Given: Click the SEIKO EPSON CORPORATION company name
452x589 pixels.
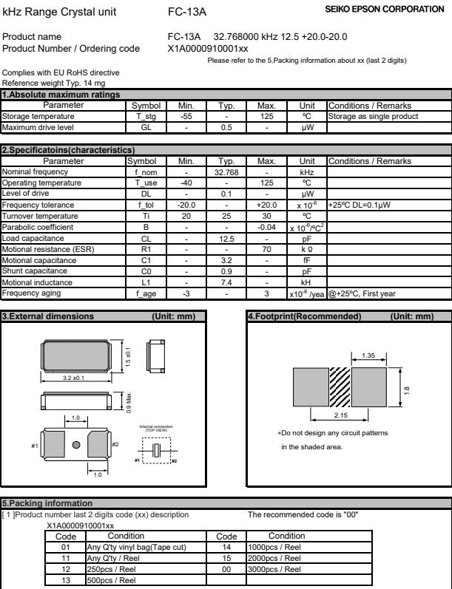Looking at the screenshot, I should click(393, 8).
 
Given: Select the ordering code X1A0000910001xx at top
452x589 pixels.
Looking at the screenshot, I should click(208, 49).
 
